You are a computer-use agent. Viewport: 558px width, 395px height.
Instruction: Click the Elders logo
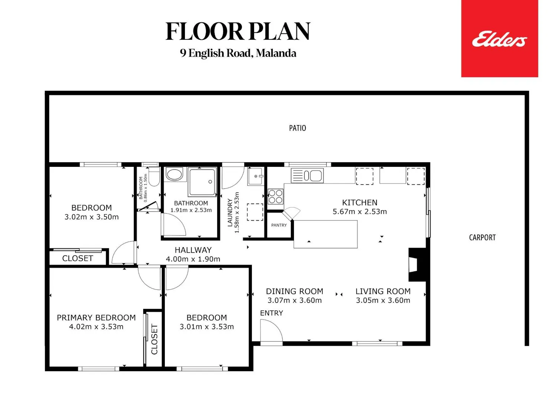point(500,38)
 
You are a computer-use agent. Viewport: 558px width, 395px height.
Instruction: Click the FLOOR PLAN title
point(238,31)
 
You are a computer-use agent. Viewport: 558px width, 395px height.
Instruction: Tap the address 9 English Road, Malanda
point(238,53)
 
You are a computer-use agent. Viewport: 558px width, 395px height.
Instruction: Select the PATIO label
point(298,128)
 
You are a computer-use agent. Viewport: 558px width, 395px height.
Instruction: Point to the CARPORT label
point(482,238)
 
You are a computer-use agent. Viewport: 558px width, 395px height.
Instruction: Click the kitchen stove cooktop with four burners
point(275,197)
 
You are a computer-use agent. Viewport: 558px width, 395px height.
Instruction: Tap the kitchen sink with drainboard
point(307,176)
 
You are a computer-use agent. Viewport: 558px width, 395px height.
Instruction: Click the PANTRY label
point(279,225)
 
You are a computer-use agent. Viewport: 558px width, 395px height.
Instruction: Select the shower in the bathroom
point(202,182)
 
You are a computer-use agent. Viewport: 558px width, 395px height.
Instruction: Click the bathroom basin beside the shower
point(174,174)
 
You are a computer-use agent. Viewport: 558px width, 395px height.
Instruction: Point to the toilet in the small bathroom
point(154,176)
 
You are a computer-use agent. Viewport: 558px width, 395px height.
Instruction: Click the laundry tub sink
point(256,176)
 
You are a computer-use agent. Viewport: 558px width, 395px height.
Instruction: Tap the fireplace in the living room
point(417,265)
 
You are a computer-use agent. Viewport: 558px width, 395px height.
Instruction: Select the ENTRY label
point(272,313)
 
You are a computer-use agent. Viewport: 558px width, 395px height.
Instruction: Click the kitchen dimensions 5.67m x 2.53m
point(360,212)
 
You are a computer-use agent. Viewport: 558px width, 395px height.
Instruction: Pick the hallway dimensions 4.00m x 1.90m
point(193,259)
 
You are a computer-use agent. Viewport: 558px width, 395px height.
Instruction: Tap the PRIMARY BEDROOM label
point(96,318)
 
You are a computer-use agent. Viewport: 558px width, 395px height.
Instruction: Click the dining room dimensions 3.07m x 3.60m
point(295,300)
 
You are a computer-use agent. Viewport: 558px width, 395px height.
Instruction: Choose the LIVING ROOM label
point(383,291)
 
